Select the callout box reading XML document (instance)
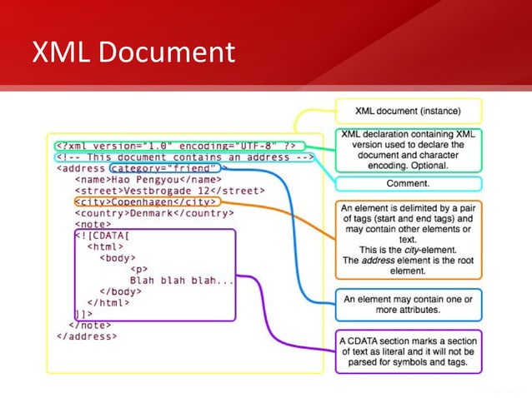coord(408,110)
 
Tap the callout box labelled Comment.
coord(408,183)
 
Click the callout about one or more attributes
coord(408,305)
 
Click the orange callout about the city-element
coord(408,237)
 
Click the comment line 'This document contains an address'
coord(184,156)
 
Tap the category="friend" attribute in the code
coord(167,167)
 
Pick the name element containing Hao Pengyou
coord(148,179)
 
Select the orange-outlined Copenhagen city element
coord(145,201)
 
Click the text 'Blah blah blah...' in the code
coord(182,281)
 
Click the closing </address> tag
coord(87,336)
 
